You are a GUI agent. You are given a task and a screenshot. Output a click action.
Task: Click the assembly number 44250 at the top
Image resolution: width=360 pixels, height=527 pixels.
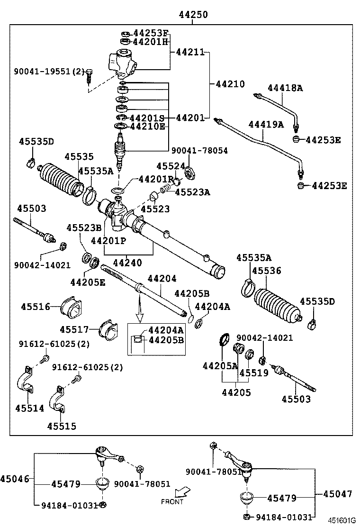[193, 15]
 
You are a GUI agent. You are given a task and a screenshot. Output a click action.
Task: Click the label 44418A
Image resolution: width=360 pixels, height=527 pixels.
[285, 88]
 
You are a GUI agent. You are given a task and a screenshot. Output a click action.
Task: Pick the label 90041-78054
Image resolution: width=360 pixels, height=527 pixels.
[199, 151]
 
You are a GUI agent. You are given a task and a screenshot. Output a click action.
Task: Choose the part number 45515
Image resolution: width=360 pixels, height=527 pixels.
[61, 426]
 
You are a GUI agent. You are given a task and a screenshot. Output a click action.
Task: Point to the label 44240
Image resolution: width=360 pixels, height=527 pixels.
[127, 262]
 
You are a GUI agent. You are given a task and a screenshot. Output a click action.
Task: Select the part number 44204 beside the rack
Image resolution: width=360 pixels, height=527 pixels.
[162, 279]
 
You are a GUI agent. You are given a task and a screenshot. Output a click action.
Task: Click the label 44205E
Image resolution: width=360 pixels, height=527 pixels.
[88, 282]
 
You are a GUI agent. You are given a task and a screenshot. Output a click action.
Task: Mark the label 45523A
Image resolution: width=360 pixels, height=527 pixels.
[192, 192]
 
